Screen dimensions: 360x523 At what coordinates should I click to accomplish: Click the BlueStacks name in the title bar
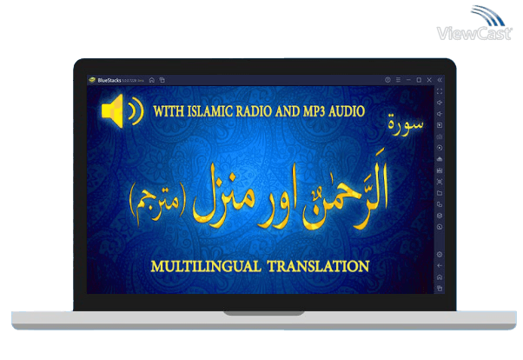pyautogui.click(x=110, y=80)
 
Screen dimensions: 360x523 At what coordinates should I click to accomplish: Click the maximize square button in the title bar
pyautogui.click(x=419, y=80)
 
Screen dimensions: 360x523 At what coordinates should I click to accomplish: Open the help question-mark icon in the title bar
pyautogui.click(x=387, y=80)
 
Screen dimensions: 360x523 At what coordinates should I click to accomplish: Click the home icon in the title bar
pyautogui.click(x=152, y=80)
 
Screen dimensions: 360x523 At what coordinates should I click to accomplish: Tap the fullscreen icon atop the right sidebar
pyautogui.click(x=440, y=91)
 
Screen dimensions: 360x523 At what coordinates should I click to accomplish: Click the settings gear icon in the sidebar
pyautogui.click(x=440, y=254)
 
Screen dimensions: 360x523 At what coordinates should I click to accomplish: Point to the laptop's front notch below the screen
pyautogui.click(x=261, y=311)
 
